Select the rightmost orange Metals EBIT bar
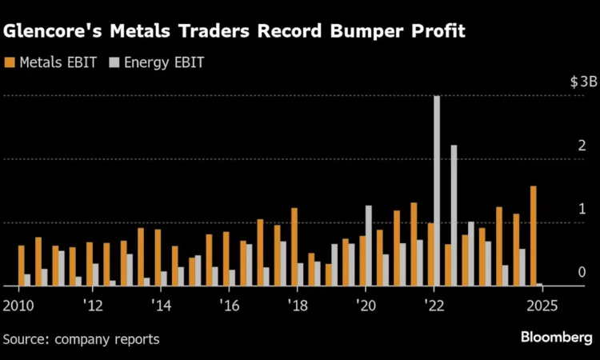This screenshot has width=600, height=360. pos(534,236)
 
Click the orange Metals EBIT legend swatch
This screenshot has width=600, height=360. pos(9,62)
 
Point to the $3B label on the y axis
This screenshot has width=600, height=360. pos(583,82)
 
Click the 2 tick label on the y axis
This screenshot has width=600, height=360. pos(582,146)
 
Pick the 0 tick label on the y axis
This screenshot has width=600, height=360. pos(582,272)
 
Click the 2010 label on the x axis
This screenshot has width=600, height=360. pos(17,305)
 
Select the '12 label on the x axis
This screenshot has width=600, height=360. pos(93,305)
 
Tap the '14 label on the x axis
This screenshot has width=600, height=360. pos(162,305)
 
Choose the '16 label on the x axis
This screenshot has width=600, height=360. pos(230,305)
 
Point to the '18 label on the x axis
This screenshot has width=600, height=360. pos(298,305)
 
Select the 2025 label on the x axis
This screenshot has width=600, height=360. pos(542,305)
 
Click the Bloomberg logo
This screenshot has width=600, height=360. pos(557,338)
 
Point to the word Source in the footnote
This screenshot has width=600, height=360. pos(23,339)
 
